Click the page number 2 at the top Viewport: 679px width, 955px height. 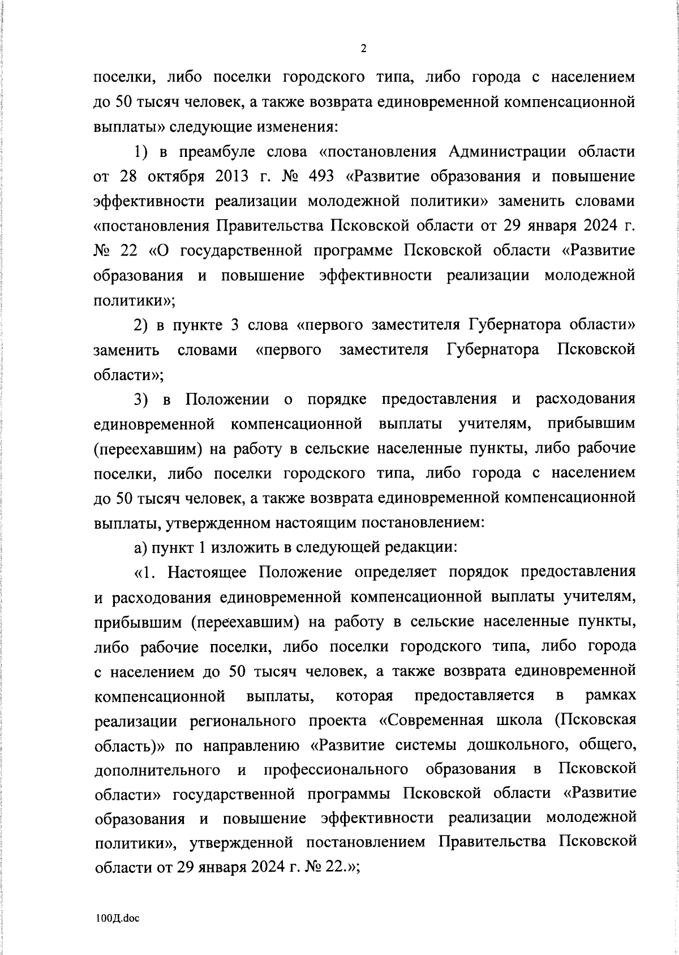click(x=363, y=49)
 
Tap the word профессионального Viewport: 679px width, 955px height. click(x=336, y=769)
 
